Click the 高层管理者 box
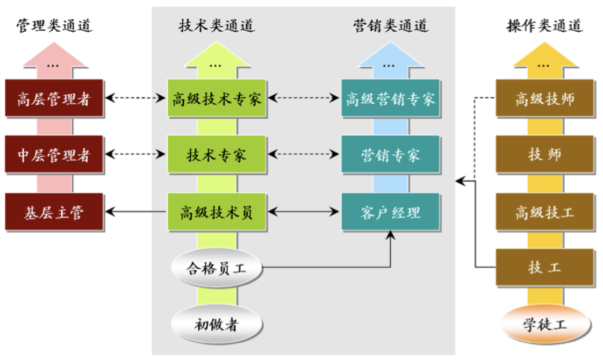tap(53, 98)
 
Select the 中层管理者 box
tap(53, 155)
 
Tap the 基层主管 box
tap(53, 212)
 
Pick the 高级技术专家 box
tap(217, 98)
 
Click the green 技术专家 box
tap(217, 155)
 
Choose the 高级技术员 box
tap(217, 212)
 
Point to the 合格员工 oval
tap(217, 268)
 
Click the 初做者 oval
tap(217, 324)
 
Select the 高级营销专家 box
tap(390, 98)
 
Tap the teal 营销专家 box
tap(390, 155)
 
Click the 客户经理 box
tap(390, 212)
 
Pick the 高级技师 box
tap(544, 98)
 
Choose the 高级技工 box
tap(544, 212)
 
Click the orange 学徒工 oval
tap(544, 324)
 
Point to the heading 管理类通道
tap(54, 25)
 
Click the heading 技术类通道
tap(217, 25)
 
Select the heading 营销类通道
tap(391, 25)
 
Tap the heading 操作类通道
tap(544, 25)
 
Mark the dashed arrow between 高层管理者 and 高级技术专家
tap(135, 98)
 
